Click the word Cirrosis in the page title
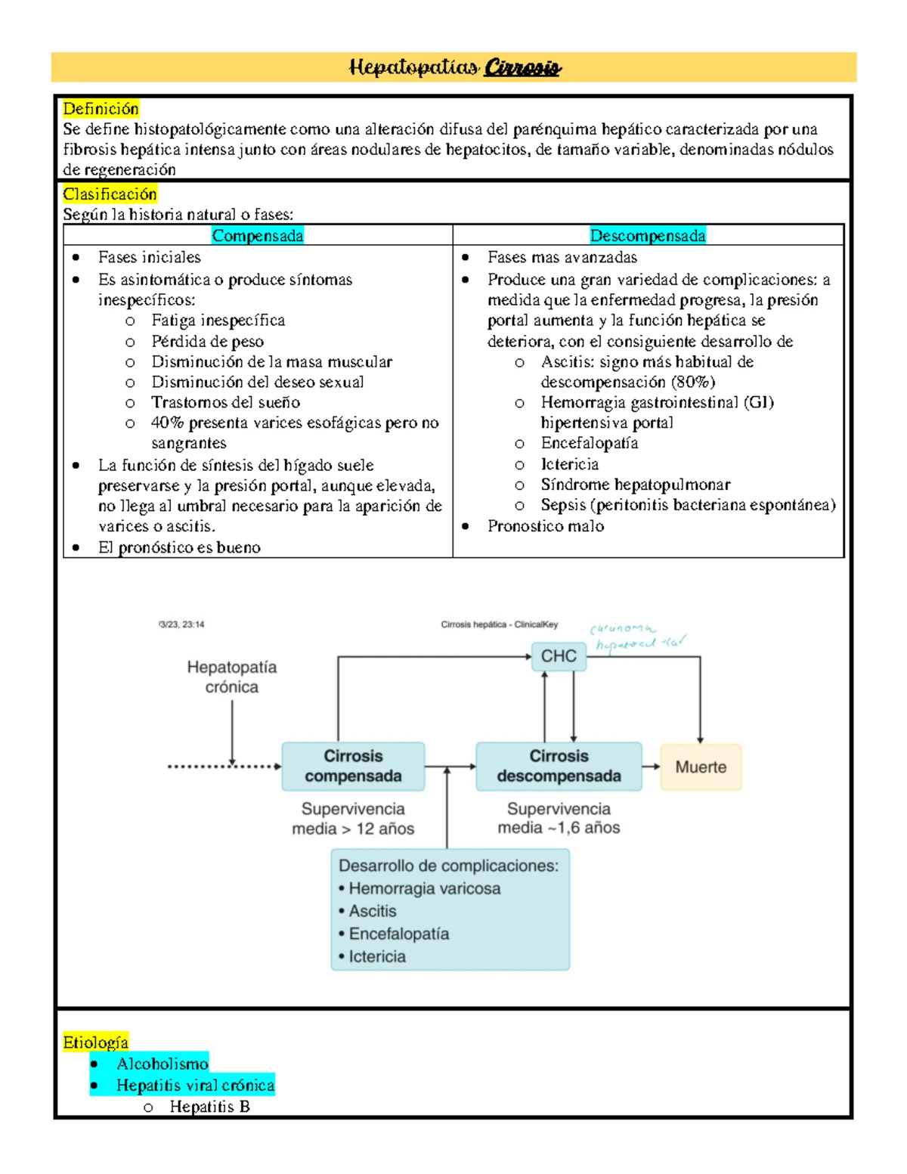[x=522, y=68]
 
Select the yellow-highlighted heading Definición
[x=101, y=109]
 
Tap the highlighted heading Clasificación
[x=110, y=194]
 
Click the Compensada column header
[x=257, y=236]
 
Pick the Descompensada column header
[x=647, y=236]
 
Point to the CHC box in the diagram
[x=559, y=656]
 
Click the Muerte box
[x=701, y=767]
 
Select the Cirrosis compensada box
[x=353, y=766]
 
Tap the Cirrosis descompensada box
[x=559, y=766]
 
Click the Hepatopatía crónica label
[x=232, y=677]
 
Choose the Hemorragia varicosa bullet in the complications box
[x=424, y=888]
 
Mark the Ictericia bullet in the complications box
[x=376, y=956]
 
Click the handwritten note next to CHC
[x=636, y=637]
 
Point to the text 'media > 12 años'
[x=353, y=829]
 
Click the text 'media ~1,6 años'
[x=559, y=828]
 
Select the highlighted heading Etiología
[x=95, y=1042]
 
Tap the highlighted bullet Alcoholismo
[x=162, y=1064]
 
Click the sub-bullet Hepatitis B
[x=209, y=1107]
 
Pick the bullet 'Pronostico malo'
[x=545, y=526]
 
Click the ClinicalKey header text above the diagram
[x=499, y=624]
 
